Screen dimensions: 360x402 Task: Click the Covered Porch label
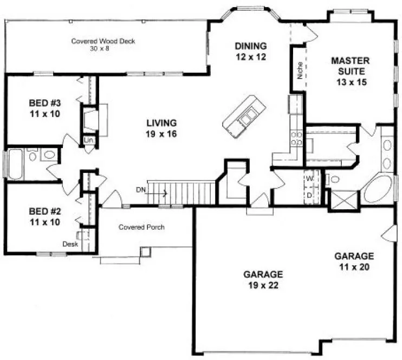point(141,227)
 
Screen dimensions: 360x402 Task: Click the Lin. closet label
point(89,140)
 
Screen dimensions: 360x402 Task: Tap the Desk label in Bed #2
point(70,244)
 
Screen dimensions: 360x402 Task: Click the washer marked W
point(310,178)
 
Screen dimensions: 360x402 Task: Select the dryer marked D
point(310,194)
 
